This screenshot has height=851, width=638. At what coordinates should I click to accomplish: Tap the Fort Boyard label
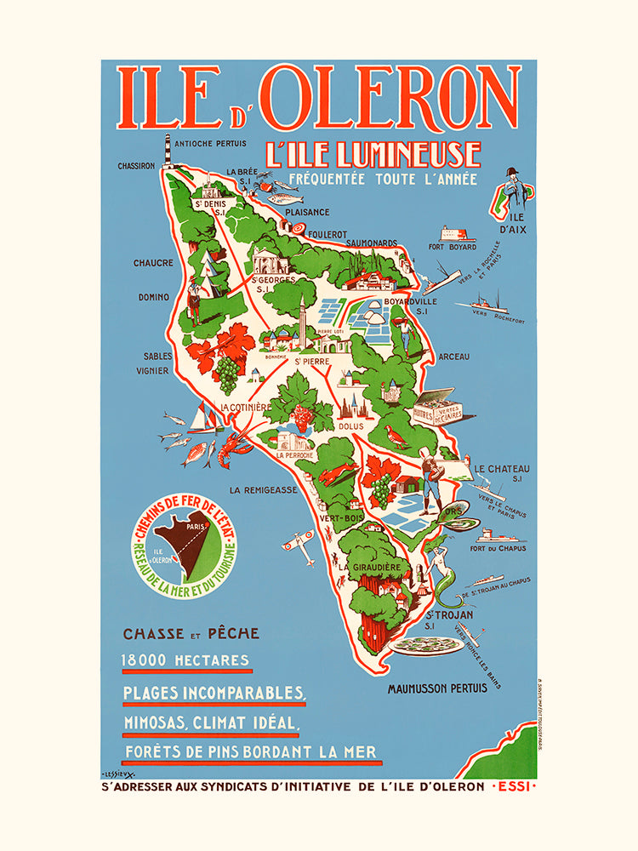coord(452,248)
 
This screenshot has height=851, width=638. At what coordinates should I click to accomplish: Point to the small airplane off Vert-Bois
coord(298,539)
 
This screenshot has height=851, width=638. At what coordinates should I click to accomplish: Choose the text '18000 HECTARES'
coord(186,660)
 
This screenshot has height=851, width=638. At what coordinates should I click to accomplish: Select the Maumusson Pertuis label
coord(437,688)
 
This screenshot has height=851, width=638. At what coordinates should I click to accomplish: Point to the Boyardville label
coord(410,300)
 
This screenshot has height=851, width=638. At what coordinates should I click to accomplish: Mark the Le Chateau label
coord(502,468)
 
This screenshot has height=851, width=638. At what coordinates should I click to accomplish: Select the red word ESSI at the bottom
coord(514,785)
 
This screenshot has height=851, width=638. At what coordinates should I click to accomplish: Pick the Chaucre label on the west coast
coord(153,263)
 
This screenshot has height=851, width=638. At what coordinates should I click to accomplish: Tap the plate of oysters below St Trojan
coord(425,644)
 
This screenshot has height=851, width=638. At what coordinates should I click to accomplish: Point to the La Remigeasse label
coord(263,489)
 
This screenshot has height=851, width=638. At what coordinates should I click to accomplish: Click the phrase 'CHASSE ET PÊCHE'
coord(191,633)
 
